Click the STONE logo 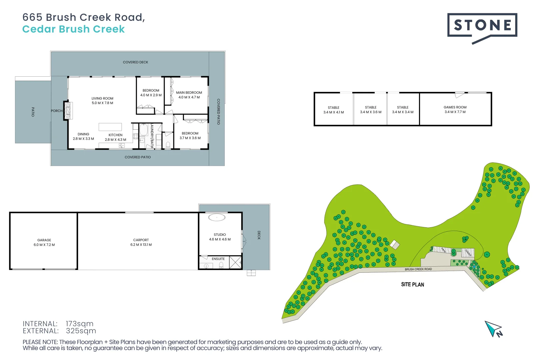pos(482,25)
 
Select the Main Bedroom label pos(189,93)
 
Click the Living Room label pos(102,99)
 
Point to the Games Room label pos(455,107)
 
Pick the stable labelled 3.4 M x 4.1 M pos(333,110)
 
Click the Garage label pos(44,240)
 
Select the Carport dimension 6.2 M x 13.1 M pos(141,245)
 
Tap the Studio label pos(220,235)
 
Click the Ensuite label pos(218,259)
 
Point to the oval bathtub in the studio pos(217,218)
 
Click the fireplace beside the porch pos(68,110)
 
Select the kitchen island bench pos(110,127)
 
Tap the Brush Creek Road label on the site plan pos(418,269)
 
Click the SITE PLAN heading pos(413,284)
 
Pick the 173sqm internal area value pos(79,324)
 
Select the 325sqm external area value pos(81,331)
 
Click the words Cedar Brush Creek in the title pos(73,29)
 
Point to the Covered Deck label pos(135,62)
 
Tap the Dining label pos(83,134)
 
